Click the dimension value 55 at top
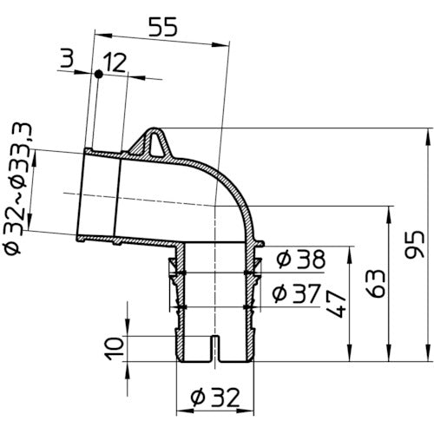pos(163,26)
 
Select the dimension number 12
pos(115,62)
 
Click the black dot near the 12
pos(99,75)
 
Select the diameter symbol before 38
pos(279,259)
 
